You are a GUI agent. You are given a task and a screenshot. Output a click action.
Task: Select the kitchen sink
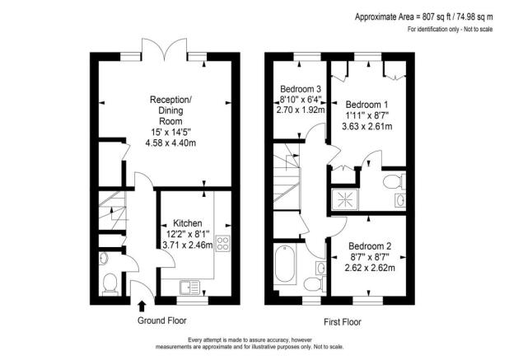click(x=190, y=287)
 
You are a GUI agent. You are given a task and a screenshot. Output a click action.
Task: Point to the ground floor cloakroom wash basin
click(x=102, y=259)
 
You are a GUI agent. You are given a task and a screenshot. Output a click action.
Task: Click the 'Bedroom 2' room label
click(x=370, y=246)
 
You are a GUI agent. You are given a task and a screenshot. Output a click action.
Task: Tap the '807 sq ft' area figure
click(x=440, y=16)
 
